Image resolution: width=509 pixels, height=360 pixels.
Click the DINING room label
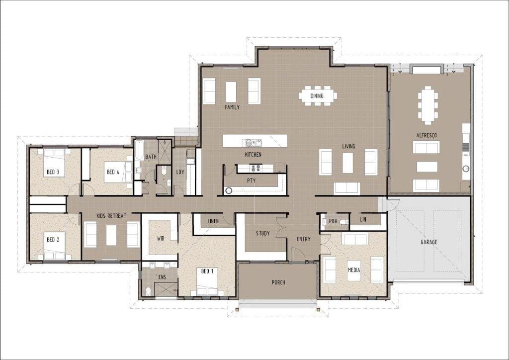(x=317, y=96)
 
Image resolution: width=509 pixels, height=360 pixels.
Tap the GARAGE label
(x=429, y=242)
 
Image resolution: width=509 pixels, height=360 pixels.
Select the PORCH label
(x=278, y=282)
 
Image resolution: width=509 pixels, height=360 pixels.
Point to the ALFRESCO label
(x=426, y=135)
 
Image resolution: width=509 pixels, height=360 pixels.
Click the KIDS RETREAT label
(x=111, y=215)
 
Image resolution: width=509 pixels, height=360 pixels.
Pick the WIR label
(x=161, y=239)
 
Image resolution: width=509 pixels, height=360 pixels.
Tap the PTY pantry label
(x=251, y=180)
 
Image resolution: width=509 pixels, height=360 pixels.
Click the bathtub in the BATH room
(x=139, y=150)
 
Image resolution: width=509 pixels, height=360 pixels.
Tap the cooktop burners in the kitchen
(x=255, y=168)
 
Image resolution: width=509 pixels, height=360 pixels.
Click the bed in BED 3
(x=54, y=163)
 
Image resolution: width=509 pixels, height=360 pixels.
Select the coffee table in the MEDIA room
(x=354, y=270)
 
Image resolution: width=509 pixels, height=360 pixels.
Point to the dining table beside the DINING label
(x=318, y=96)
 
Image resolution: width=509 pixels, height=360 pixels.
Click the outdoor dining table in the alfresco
(x=428, y=105)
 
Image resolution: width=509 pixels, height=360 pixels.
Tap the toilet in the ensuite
(x=148, y=291)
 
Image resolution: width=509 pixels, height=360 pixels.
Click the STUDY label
(x=262, y=233)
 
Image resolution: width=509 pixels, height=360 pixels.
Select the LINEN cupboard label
(x=213, y=221)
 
